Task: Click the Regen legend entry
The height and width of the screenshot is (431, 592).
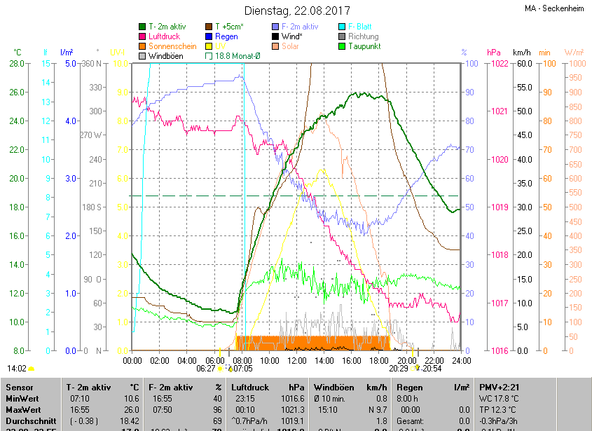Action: pyautogui.click(x=226, y=36)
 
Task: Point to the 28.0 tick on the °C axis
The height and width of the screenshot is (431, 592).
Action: pyautogui.click(x=17, y=64)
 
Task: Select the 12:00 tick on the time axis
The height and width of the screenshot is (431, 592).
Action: pyautogui.click(x=297, y=360)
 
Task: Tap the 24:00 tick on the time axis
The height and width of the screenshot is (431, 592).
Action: pyautogui.click(x=460, y=360)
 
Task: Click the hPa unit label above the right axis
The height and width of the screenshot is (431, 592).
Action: pyautogui.click(x=494, y=53)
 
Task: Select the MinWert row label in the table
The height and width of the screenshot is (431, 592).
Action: pyautogui.click(x=22, y=398)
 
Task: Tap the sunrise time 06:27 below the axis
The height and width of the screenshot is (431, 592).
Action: pyautogui.click(x=206, y=368)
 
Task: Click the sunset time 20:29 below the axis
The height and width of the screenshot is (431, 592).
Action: pyautogui.click(x=399, y=368)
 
